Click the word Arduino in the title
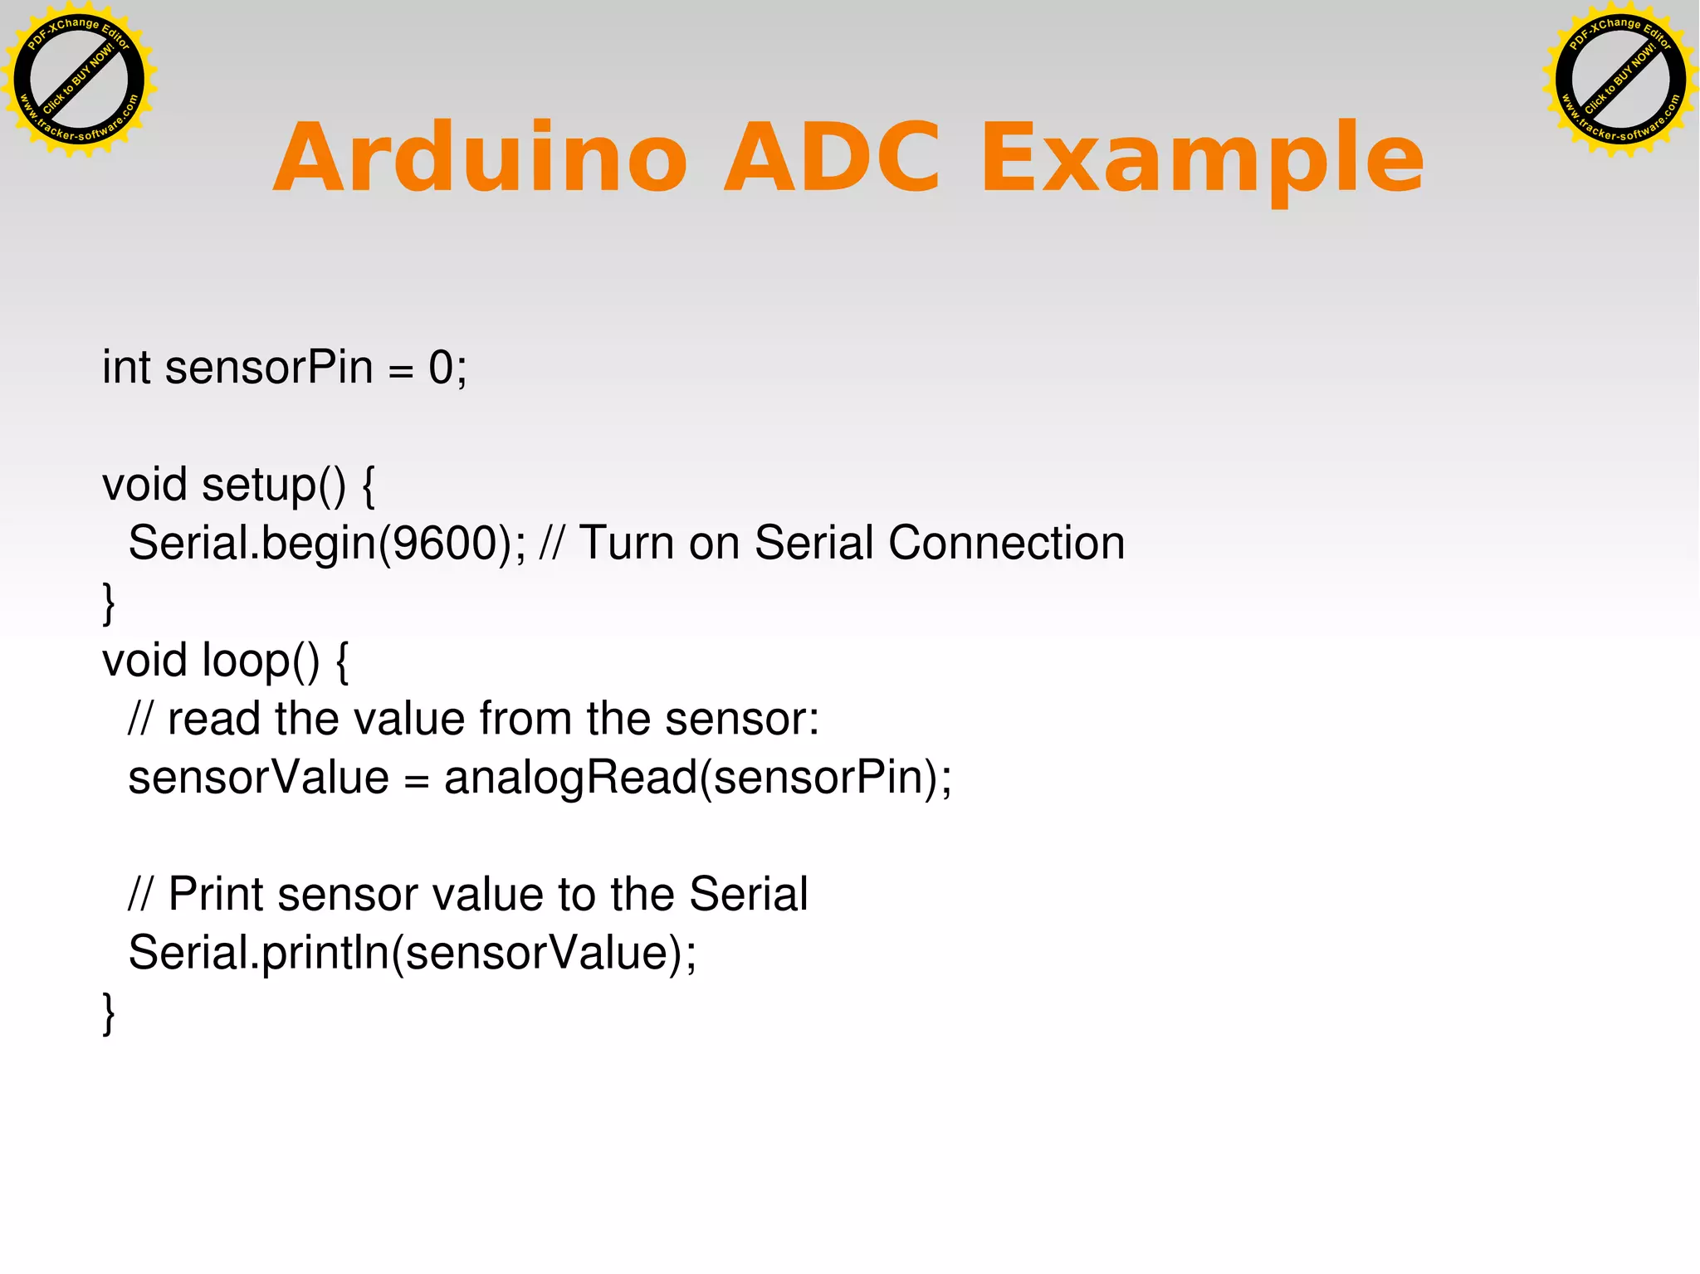pyautogui.click(x=480, y=158)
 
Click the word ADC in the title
pyautogui.click(x=832, y=158)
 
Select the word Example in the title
pyautogui.click(x=1201, y=158)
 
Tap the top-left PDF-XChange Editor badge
pyautogui.click(x=79, y=79)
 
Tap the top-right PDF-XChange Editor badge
pyautogui.click(x=1619, y=79)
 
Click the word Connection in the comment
pyautogui.click(x=1006, y=544)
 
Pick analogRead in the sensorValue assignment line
pyautogui.click(x=571, y=779)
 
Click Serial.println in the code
pyautogui.click(x=258, y=953)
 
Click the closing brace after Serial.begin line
pyautogui.click(x=109, y=603)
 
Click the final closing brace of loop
pyautogui.click(x=109, y=1013)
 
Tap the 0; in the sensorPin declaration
pyautogui.click(x=447, y=367)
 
